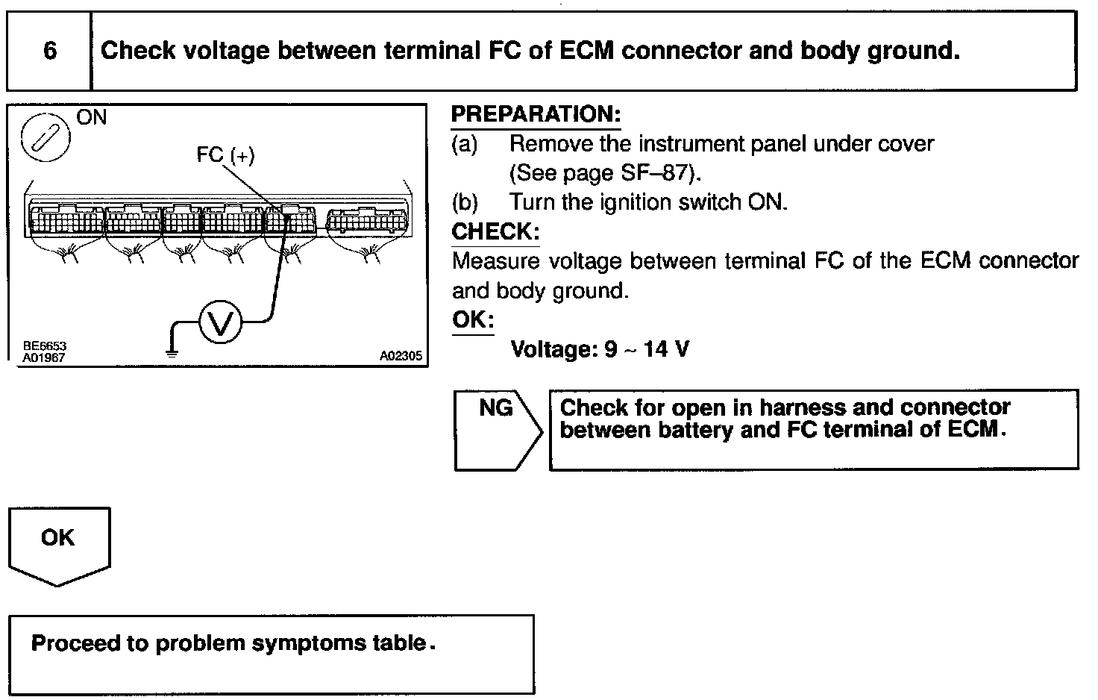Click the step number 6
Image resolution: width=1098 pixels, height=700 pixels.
pos(50,51)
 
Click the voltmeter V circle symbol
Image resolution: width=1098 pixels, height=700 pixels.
pos(221,322)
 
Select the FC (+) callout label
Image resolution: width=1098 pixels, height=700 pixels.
pos(225,154)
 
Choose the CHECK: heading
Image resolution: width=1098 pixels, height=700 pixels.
pos(495,231)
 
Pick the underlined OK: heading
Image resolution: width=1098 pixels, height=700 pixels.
pos(473,319)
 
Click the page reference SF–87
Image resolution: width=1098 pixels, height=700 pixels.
pos(653,173)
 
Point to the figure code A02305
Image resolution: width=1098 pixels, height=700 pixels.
pos(401,357)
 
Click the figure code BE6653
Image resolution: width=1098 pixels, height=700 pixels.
pos(45,346)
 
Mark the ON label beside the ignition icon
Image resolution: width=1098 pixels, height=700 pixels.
pos(92,117)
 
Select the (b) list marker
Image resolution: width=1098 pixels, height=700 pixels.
pos(465,202)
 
